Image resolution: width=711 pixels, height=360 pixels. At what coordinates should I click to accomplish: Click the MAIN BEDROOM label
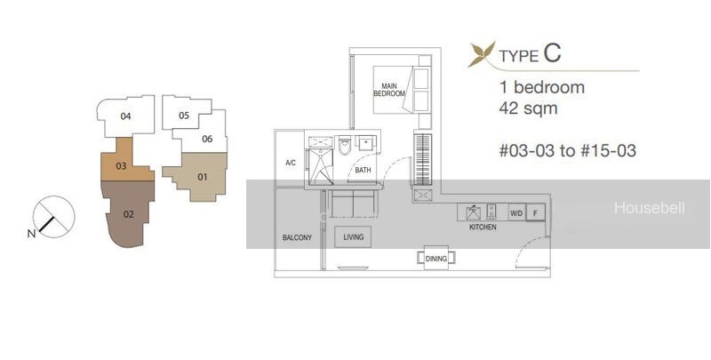coord(389,90)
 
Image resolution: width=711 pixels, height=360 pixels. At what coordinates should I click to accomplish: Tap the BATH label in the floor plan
coord(363,170)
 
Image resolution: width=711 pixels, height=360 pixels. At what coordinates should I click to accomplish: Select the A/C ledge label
coord(291,163)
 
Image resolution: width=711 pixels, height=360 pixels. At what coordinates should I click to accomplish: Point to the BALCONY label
coord(297,237)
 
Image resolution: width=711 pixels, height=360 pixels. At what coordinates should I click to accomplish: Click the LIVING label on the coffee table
coord(353,237)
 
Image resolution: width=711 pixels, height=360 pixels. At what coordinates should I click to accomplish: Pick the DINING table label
coord(436,259)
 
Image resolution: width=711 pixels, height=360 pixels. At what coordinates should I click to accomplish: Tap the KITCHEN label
coord(483,228)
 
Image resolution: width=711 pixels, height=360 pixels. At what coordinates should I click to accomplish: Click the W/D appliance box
coord(516,212)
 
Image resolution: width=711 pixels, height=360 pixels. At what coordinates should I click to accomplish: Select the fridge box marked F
coord(536,212)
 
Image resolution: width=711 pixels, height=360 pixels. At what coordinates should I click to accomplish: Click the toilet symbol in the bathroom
coord(345,145)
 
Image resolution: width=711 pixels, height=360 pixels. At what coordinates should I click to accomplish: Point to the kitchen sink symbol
coord(473,212)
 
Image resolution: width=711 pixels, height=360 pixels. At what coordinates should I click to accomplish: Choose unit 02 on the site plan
coord(128,214)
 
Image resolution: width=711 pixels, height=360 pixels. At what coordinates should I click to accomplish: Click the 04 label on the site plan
coord(125,116)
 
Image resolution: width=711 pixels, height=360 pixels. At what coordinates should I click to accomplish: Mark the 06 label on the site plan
coord(207,139)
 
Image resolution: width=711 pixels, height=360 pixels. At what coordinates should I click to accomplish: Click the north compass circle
coord(54,217)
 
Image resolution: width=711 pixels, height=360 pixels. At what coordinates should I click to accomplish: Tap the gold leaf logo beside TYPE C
coord(482,55)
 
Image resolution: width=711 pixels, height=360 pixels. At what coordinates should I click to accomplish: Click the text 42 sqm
coord(528,108)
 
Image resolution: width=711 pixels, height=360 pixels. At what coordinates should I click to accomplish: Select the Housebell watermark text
coord(650,208)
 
